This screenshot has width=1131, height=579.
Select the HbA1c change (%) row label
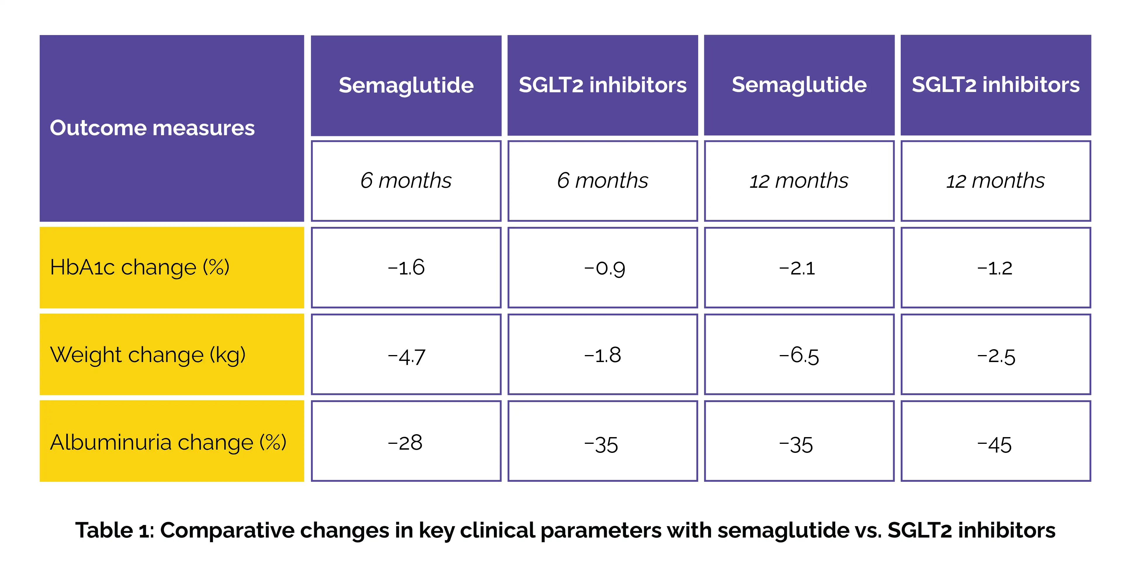[x=140, y=267]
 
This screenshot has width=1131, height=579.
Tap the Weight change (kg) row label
[x=148, y=354]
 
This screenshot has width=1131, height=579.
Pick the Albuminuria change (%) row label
[x=168, y=442]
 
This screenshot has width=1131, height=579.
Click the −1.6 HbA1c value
[x=406, y=267]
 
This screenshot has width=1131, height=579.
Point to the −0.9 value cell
[x=603, y=267]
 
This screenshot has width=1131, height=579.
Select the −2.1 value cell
[x=799, y=267]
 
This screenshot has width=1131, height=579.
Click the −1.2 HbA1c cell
[x=995, y=267]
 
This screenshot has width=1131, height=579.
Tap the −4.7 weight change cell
[x=406, y=355]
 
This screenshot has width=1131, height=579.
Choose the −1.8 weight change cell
[x=603, y=355]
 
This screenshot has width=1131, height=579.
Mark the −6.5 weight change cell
[x=799, y=355]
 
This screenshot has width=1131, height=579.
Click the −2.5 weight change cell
[x=995, y=355]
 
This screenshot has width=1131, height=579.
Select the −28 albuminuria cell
[x=406, y=442]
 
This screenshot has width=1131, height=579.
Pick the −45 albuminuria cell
[x=995, y=442]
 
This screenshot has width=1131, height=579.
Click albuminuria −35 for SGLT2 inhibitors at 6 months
[x=603, y=442]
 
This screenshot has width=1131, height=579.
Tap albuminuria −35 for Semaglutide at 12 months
[x=799, y=442]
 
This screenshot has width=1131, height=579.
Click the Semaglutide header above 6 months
[x=406, y=85]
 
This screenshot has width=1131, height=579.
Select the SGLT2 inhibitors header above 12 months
[x=995, y=85]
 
